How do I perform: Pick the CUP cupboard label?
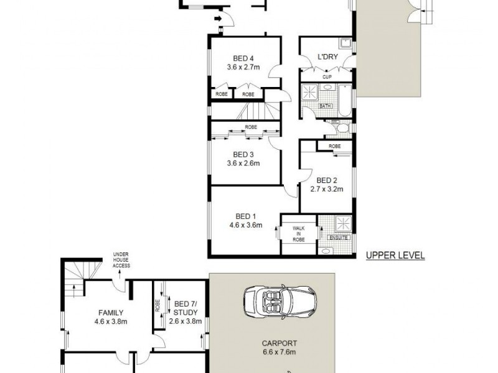point(326,77)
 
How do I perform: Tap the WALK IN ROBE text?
point(297,234)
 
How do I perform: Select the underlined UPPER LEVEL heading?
point(395,255)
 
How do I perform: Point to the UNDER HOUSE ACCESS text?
point(121,260)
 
